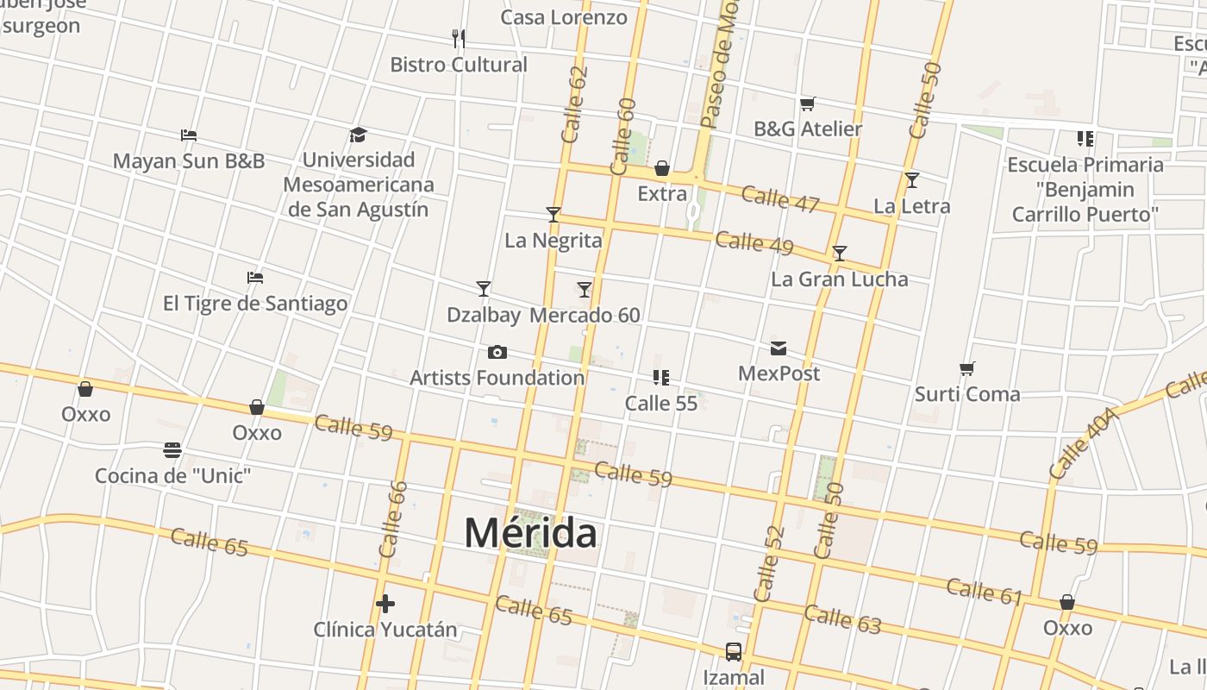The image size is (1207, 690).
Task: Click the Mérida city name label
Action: coord(530,533)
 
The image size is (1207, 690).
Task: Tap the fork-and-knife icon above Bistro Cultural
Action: coord(459,38)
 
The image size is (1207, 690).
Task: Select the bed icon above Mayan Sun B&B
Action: coord(189,135)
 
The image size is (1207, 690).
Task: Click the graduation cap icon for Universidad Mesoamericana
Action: coord(358,135)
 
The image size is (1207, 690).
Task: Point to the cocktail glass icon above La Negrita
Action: coord(553,215)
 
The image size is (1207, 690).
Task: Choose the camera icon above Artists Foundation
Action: coord(497,352)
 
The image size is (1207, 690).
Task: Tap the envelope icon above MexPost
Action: coord(779,348)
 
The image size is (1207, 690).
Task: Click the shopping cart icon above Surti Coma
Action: coord(967,369)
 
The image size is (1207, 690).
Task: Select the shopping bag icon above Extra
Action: coord(662,168)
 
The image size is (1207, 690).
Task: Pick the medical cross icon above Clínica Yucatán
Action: coord(385,604)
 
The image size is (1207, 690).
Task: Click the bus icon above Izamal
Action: coord(733,652)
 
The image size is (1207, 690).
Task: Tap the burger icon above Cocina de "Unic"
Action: coord(172,450)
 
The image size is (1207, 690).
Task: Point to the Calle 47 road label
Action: coord(779,198)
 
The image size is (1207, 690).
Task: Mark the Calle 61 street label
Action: coord(984,592)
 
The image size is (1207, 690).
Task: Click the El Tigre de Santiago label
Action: coord(255,304)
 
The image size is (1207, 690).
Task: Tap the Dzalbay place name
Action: coord(484,315)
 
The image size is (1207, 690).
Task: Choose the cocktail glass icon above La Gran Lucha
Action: coord(839,254)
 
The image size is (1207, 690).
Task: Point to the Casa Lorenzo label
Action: coord(564,17)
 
